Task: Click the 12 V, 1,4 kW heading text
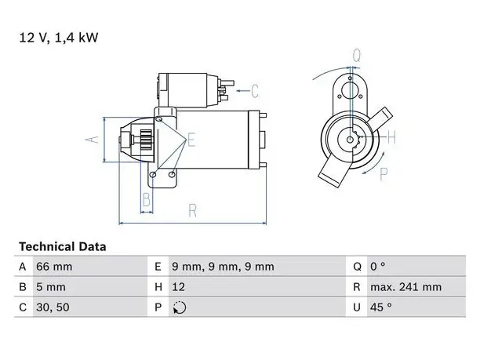coord(59,38)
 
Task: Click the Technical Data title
coord(63,247)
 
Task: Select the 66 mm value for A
coord(54,267)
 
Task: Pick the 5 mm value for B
coord(51,287)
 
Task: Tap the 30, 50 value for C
coord(53,307)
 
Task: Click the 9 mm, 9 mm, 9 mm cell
coord(223,267)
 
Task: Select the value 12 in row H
coord(178,287)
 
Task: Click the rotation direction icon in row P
coord(180,307)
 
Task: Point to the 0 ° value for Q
coord(378,267)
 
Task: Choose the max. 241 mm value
coord(406,287)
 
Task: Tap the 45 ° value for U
coord(381,307)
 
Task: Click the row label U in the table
coord(357,307)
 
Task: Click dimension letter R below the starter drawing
coord(193,211)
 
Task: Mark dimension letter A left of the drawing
coord(92,140)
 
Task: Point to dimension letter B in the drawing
coord(147,199)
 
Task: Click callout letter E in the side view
coord(191,140)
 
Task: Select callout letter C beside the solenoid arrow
coord(254,91)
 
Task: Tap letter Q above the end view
coord(357,56)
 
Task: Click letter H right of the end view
coord(391,137)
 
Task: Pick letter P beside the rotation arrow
coord(384,174)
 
